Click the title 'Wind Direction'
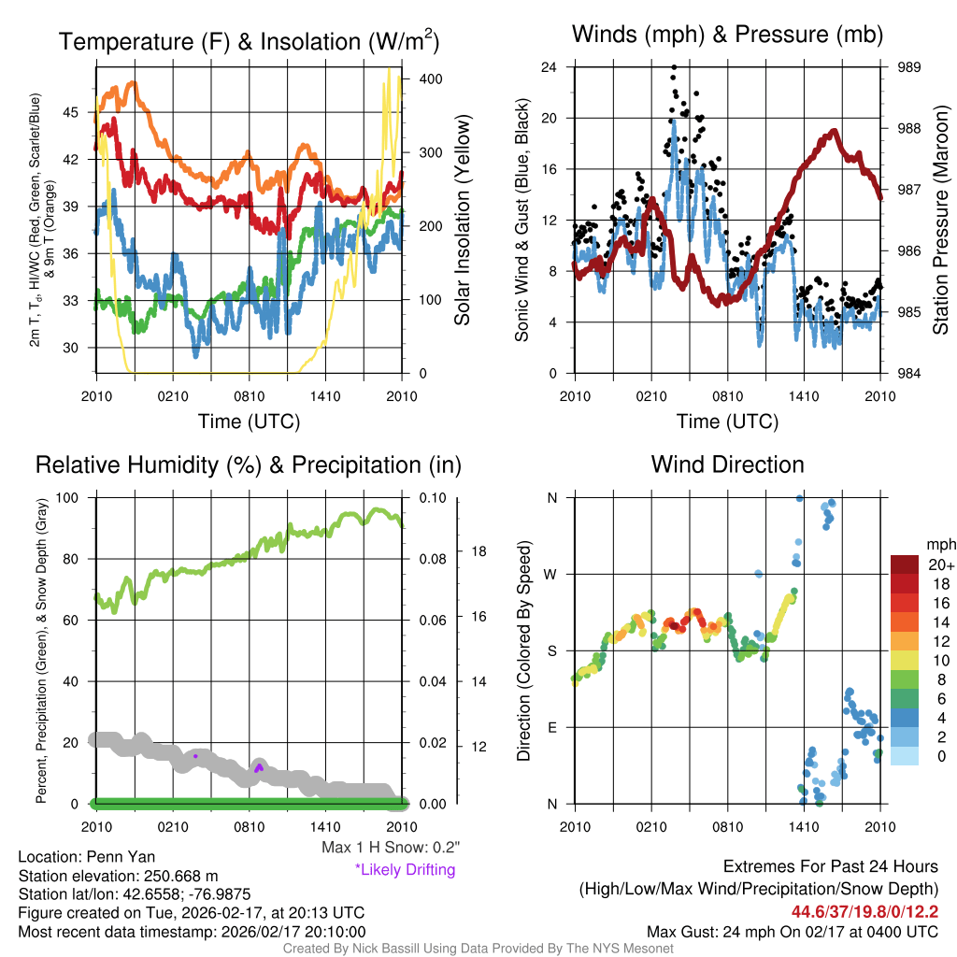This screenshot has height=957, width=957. (x=727, y=464)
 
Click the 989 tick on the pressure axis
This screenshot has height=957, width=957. (x=909, y=67)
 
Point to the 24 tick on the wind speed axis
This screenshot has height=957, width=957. (x=550, y=67)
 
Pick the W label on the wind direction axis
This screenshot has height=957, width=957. (x=551, y=574)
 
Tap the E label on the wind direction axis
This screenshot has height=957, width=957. (x=552, y=727)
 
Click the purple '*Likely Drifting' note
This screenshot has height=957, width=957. (x=405, y=870)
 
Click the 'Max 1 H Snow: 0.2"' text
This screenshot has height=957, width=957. (x=390, y=848)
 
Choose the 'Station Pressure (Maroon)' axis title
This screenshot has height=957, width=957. (x=941, y=221)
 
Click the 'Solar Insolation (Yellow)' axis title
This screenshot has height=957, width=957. (x=462, y=221)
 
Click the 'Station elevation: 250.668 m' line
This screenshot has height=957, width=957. (x=118, y=876)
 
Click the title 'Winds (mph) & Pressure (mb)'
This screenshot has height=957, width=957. (x=727, y=35)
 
